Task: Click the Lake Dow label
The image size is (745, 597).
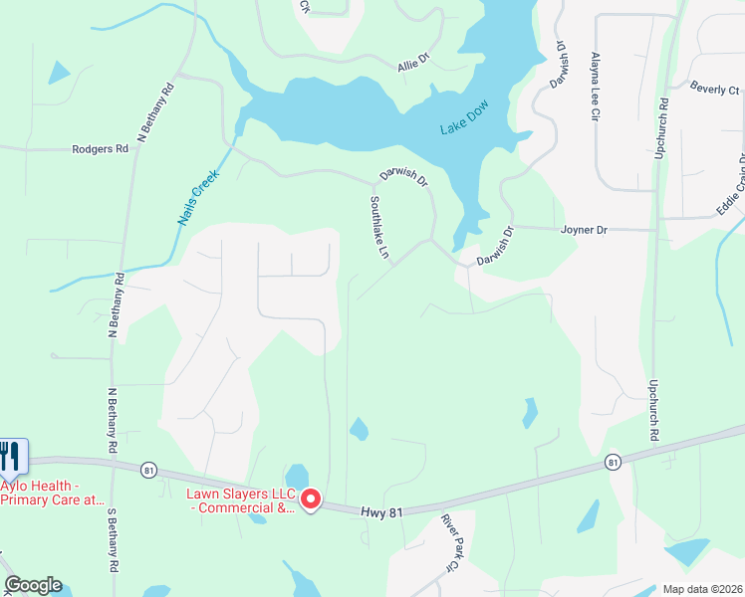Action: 466,127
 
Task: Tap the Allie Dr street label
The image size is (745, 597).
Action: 412,62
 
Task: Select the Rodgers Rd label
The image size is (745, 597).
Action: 101,149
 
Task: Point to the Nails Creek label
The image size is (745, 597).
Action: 199,195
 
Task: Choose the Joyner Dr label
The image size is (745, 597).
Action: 584,230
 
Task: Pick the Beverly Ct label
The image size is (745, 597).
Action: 714,90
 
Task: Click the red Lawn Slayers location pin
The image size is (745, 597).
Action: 311,499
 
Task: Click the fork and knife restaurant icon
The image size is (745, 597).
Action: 12,457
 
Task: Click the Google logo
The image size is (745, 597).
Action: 33,585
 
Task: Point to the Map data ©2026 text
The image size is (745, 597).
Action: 701,589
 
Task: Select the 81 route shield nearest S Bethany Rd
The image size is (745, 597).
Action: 149,470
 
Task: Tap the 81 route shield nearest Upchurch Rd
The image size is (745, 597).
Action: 613,462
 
